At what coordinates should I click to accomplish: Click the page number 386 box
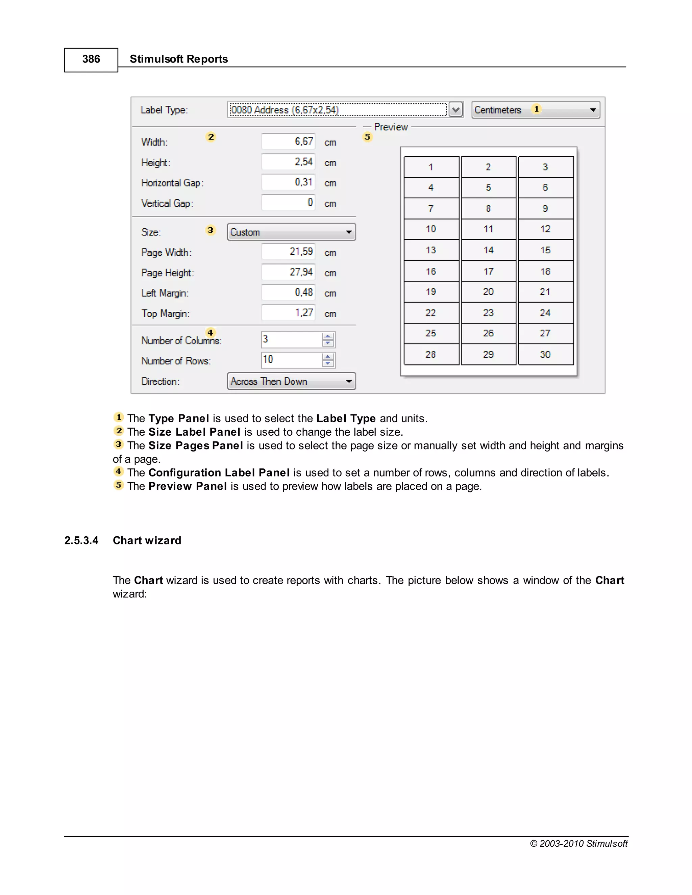tap(91, 59)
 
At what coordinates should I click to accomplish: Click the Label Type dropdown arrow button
tap(455, 110)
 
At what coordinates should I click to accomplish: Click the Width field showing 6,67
tap(288, 142)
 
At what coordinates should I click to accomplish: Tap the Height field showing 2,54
tap(288, 162)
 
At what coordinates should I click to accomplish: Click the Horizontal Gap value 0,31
tap(288, 182)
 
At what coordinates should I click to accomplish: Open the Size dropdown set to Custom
tap(291, 232)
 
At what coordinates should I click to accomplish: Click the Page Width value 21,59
tap(288, 252)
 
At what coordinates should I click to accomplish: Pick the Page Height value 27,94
tap(288, 272)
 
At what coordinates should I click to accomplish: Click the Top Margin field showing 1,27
tap(288, 313)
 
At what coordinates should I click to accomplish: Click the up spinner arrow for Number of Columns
tap(327, 336)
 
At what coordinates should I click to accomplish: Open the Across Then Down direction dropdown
tap(291, 381)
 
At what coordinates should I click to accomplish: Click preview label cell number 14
tap(488, 250)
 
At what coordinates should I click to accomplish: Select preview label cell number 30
tap(545, 355)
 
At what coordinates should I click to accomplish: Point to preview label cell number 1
tap(431, 167)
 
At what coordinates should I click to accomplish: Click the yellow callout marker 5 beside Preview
tap(367, 137)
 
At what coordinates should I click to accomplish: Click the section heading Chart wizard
tap(147, 540)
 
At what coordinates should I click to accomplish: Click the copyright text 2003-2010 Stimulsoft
tap(578, 843)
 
